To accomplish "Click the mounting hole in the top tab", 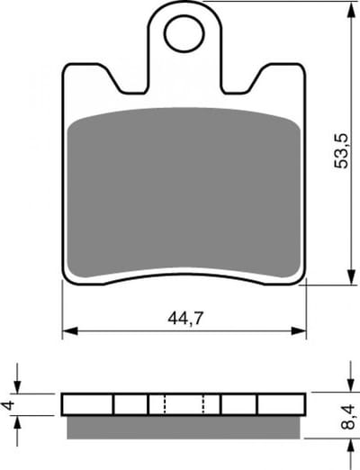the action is tap(184, 33).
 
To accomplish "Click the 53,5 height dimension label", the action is tap(341, 150).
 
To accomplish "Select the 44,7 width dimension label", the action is tap(185, 319).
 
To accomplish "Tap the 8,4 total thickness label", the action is tap(348, 417).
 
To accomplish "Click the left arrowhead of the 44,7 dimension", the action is tap(69, 331).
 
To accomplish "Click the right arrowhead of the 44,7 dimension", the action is tap(299, 331).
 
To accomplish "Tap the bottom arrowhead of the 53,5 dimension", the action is tap(351, 276).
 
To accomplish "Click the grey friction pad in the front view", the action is tap(184, 193).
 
